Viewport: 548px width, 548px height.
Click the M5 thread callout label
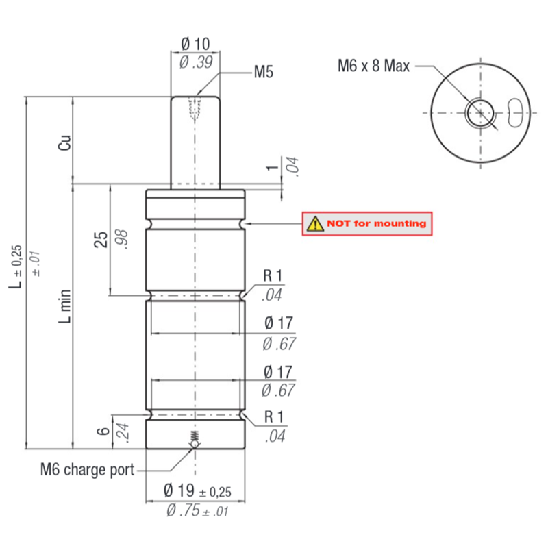click(x=263, y=72)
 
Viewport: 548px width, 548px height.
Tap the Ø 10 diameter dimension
click(x=195, y=45)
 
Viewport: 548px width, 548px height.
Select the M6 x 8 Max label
click(x=373, y=66)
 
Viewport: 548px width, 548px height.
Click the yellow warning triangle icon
click(x=315, y=224)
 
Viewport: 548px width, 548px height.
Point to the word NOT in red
click(x=338, y=223)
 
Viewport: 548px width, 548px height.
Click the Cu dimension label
click(x=64, y=143)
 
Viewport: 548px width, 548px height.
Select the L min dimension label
click(x=64, y=306)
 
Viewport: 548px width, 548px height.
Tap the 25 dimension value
click(x=101, y=239)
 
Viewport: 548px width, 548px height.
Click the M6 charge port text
click(x=88, y=469)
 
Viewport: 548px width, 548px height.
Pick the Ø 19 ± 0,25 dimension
click(x=197, y=490)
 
